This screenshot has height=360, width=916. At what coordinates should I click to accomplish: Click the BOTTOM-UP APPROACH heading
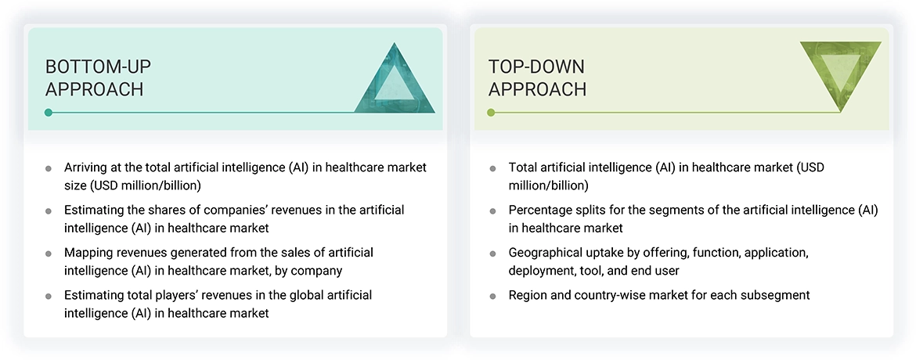[x=95, y=77]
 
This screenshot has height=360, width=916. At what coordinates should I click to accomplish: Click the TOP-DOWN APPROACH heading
[x=537, y=77]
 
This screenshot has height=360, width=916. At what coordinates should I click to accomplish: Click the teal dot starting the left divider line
[x=49, y=113]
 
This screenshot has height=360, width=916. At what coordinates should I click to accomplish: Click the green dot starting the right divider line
[x=491, y=113]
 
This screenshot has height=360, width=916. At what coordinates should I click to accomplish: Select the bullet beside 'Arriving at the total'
[x=49, y=168]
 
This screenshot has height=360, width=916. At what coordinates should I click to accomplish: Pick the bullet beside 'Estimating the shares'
[x=49, y=211]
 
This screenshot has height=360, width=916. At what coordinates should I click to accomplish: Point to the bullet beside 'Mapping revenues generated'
[x=49, y=254]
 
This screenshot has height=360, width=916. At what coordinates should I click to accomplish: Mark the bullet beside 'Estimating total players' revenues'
[x=49, y=296]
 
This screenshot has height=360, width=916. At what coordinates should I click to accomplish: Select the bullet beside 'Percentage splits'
[x=492, y=211]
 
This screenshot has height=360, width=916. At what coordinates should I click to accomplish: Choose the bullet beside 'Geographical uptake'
[x=492, y=254]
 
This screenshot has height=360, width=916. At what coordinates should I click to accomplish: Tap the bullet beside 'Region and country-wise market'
[x=492, y=296]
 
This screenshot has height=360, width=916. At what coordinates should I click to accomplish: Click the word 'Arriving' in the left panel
[x=88, y=167]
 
